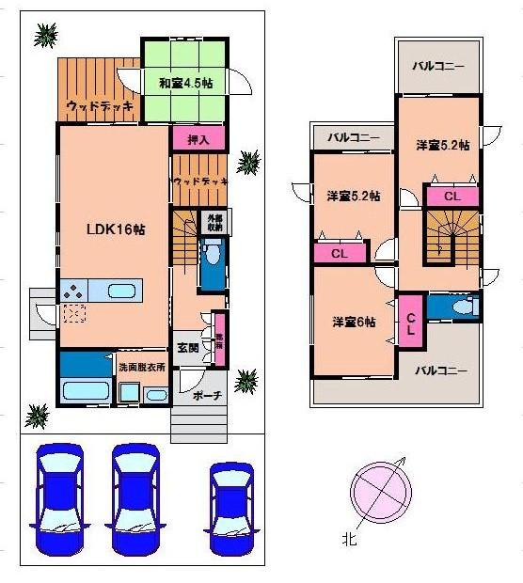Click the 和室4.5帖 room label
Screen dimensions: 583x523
coord(186,83)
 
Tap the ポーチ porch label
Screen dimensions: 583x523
coord(205,396)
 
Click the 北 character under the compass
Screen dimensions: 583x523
coord(350,541)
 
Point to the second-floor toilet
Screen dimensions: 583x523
coord(458,307)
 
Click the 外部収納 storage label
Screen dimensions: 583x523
coord(215,223)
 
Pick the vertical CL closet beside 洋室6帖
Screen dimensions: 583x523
coord(411,322)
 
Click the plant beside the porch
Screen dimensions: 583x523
coord(246,382)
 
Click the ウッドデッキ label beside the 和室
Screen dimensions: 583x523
coord(97,107)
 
